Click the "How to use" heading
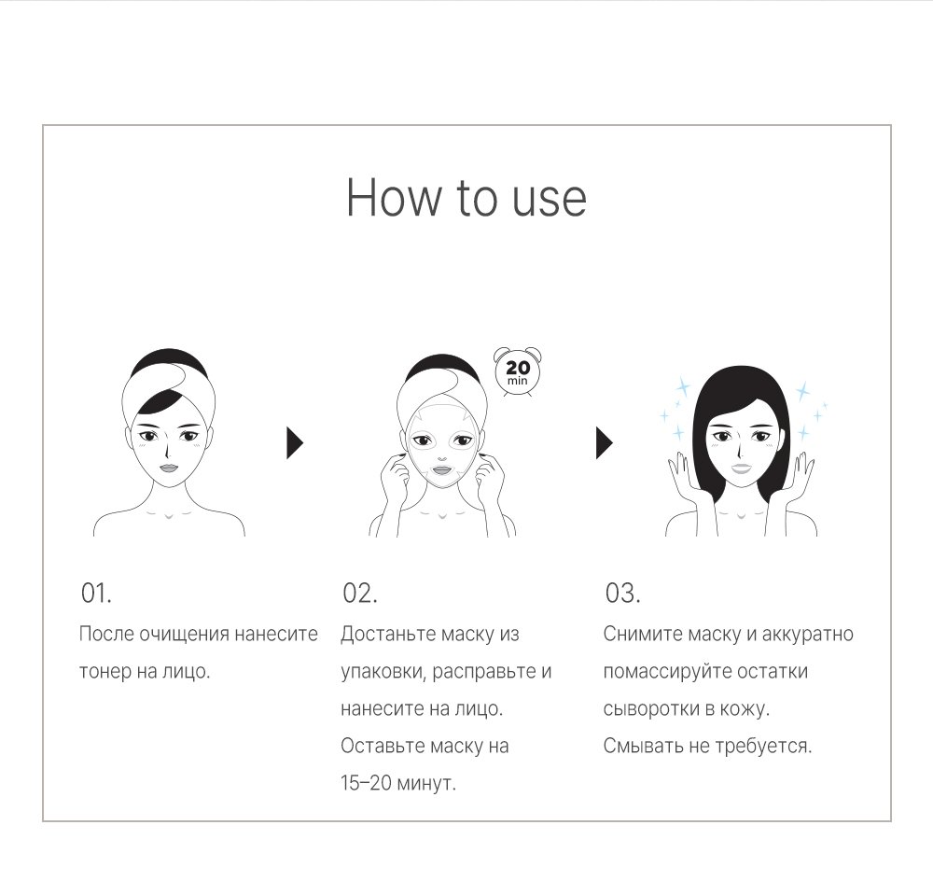coord(466,197)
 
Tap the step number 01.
coord(96,593)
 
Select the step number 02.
coord(360,593)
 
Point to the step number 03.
coord(622,593)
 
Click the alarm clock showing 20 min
coord(517,372)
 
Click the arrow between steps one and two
coord(295,443)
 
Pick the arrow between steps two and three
coord(605,443)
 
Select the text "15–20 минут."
coord(398,783)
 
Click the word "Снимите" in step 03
coord(643,634)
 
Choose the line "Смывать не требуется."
coord(707,746)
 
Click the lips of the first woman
coord(168,468)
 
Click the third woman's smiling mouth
coord(742,468)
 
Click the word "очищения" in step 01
coord(184,634)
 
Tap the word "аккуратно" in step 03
coord(807,634)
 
